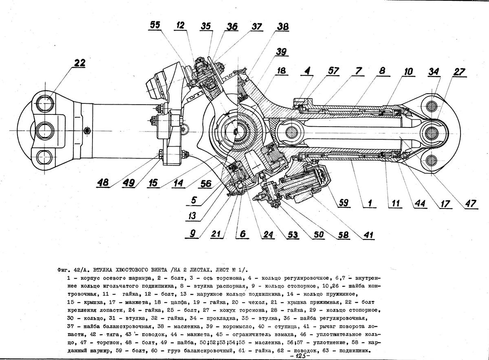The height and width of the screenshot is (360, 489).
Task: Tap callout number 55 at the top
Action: pos(155,26)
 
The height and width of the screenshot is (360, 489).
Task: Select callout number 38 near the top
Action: pos(282,27)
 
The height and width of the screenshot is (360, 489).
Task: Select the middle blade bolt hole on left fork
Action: pos(44,130)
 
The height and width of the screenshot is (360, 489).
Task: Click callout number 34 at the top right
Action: pos(434,72)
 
